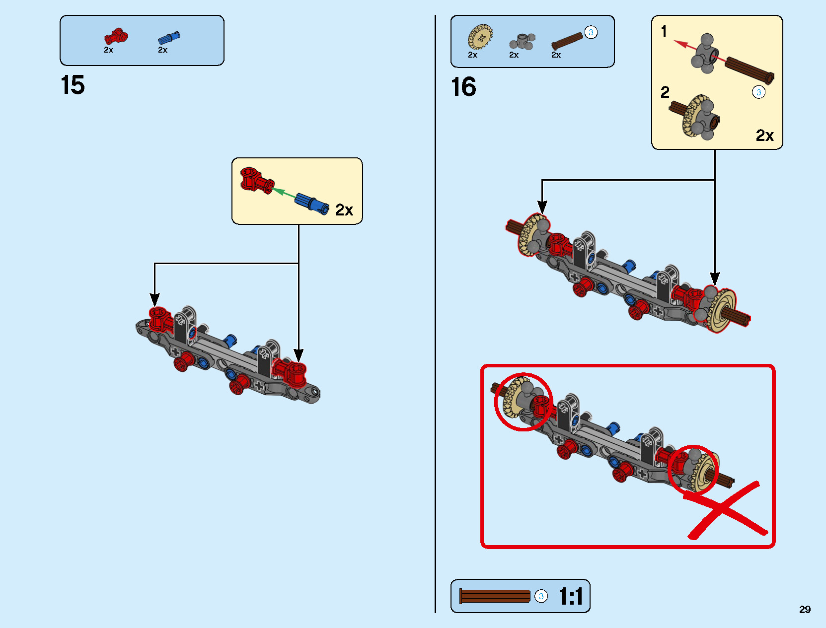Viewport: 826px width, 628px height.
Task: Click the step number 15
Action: (73, 85)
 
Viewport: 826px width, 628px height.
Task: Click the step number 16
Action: (463, 87)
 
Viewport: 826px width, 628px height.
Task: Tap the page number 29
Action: (805, 609)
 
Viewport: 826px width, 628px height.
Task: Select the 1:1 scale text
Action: (571, 596)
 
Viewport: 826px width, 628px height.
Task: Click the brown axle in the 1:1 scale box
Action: (495, 596)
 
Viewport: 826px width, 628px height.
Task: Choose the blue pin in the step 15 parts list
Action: (169, 38)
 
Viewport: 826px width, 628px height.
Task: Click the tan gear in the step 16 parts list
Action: (480, 37)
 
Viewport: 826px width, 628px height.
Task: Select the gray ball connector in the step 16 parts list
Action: (522, 41)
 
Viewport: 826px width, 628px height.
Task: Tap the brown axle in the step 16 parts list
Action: (567, 41)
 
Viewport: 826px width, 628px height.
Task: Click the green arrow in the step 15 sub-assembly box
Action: (284, 192)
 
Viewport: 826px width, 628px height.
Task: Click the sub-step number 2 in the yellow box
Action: (665, 92)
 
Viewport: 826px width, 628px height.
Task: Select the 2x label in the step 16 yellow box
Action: (764, 136)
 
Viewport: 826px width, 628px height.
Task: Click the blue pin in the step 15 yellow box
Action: (312, 203)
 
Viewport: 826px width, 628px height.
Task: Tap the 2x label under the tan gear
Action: (472, 55)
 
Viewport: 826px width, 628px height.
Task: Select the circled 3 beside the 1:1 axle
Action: (541, 596)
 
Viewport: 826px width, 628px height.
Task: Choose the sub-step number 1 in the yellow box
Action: (664, 32)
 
